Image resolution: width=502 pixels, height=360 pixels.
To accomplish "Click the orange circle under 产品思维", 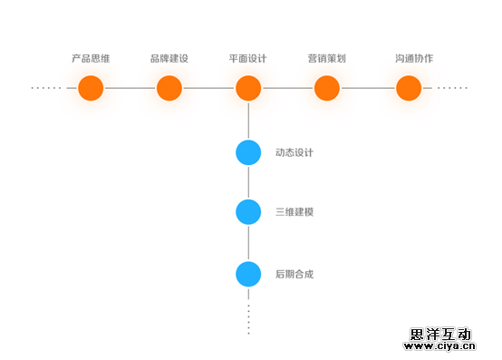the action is coord(91,88).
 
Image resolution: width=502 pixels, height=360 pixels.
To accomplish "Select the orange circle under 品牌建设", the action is coord(169,88).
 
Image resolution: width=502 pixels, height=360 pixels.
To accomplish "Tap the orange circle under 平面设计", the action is coord(248,88).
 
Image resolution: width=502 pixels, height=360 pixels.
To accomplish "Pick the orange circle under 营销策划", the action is coord(327,88).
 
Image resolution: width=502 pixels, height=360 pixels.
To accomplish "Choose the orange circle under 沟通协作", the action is coord(409,88).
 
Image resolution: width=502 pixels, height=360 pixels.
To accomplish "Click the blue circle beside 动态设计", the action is coord(248,152).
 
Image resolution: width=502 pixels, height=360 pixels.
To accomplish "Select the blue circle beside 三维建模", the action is coord(248,212).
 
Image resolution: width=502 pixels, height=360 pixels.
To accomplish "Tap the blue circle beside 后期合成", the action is coord(248,273).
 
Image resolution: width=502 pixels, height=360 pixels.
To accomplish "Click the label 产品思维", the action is coord(91,59).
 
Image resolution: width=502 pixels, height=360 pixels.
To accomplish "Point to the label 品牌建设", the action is coord(169,59).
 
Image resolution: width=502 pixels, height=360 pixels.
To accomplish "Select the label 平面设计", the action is coord(248,59).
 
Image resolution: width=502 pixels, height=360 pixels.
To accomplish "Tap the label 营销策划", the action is coord(327,59).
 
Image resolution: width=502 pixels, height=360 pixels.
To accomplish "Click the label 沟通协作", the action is coord(414,59).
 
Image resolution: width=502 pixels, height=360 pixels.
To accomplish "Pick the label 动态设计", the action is coord(294,152).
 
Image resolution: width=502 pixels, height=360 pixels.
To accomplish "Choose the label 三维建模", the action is coord(294,212).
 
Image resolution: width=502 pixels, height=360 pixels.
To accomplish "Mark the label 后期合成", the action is coord(294,273).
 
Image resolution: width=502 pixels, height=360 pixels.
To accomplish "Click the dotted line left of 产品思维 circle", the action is coord(46,88).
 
